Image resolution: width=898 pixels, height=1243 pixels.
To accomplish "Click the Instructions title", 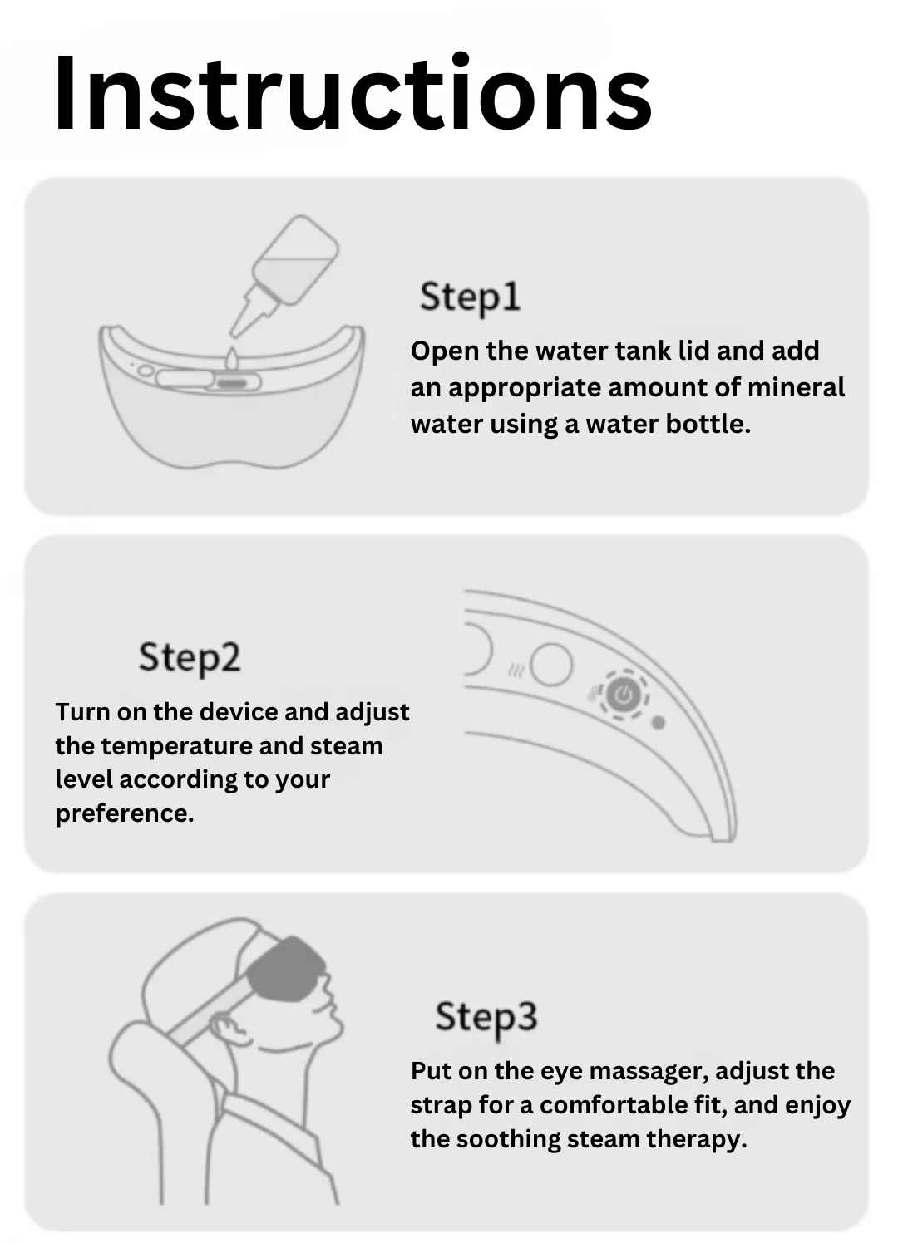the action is tap(353, 92).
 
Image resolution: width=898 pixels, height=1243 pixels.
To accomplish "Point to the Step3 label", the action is tap(486, 1017).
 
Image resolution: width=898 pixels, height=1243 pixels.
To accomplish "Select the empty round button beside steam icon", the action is tap(551, 664).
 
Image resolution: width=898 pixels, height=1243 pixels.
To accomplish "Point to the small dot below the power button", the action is tap(658, 723).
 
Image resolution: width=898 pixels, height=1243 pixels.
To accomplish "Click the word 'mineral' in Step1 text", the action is tap(796, 387).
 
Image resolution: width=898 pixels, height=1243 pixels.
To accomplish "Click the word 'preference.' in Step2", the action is tap(125, 814).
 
